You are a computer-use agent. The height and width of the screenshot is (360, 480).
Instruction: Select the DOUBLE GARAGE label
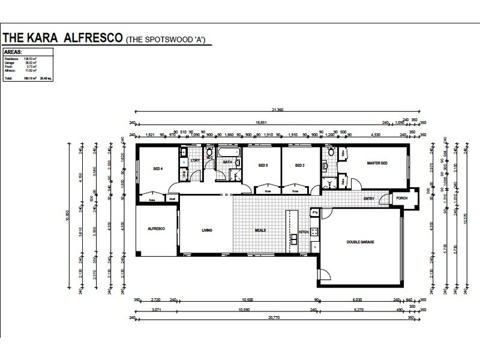(361, 242)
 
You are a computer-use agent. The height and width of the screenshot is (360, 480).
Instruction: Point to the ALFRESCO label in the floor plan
(157, 229)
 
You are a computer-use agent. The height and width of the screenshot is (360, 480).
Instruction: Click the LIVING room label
(208, 230)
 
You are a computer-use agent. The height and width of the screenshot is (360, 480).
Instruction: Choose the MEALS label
(259, 230)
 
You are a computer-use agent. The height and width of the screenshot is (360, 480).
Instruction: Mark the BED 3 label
(263, 165)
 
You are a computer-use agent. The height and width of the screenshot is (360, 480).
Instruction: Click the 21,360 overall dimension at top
(277, 110)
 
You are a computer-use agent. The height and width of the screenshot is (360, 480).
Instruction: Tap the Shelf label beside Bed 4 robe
(171, 199)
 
